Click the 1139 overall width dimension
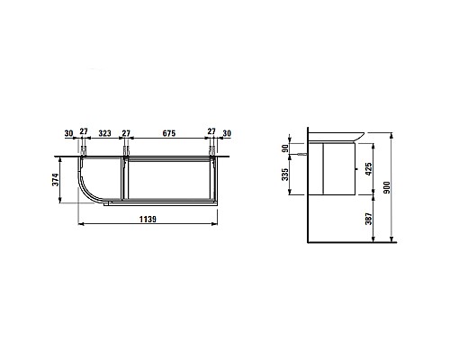pos(148,220)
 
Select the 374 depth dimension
pos(56,179)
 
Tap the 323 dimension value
pos(105,133)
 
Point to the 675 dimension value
pos(169,133)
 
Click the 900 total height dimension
pos(387,187)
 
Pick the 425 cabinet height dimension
pos(369,169)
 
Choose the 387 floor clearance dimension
pos(369,219)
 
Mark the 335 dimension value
pos(285,175)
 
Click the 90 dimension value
pos(285,148)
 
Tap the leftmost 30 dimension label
pos(68,133)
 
